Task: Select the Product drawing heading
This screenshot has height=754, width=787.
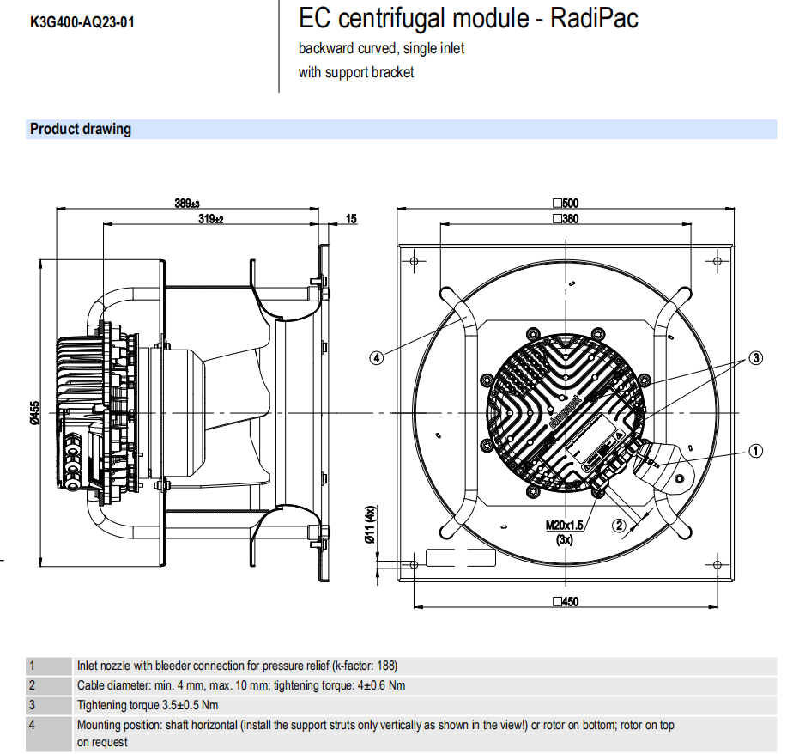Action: click(81, 130)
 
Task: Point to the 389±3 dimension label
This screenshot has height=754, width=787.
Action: click(186, 204)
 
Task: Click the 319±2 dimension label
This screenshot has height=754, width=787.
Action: click(210, 220)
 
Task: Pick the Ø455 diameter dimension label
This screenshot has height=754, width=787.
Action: click(35, 412)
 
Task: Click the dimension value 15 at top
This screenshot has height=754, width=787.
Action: click(351, 220)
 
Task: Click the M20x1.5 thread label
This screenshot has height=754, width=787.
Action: click(564, 525)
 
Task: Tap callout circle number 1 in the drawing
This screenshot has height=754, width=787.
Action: click(755, 449)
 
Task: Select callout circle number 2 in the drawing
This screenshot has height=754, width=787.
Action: click(619, 525)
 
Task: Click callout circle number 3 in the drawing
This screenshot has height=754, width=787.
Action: click(755, 358)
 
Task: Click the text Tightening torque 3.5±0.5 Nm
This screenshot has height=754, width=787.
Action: click(148, 705)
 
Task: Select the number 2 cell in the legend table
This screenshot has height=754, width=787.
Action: click(33, 685)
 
